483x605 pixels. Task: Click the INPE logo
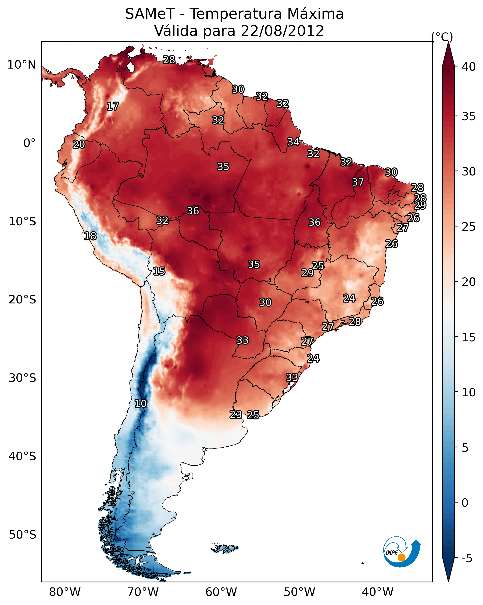click(x=402, y=553)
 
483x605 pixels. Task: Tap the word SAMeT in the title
click(x=150, y=14)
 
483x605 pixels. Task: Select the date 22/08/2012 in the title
click(x=282, y=31)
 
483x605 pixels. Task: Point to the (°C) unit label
click(x=442, y=37)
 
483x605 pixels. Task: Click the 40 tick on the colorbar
click(x=469, y=67)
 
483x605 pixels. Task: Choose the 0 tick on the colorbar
click(x=465, y=503)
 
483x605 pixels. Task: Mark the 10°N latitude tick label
click(x=21, y=65)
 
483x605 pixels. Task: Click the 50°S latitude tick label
click(x=22, y=535)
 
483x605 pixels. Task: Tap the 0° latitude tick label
click(x=29, y=143)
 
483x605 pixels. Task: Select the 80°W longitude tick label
click(x=65, y=592)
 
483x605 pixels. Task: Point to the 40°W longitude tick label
click(x=378, y=592)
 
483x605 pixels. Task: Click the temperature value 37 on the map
click(x=358, y=182)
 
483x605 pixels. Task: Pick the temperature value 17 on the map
click(x=113, y=106)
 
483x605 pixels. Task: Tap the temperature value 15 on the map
click(x=159, y=271)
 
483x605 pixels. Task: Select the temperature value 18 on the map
click(x=90, y=236)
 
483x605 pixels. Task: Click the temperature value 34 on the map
click(x=293, y=142)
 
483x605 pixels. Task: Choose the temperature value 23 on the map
click(x=236, y=414)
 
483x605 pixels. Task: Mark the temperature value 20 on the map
click(x=79, y=145)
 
